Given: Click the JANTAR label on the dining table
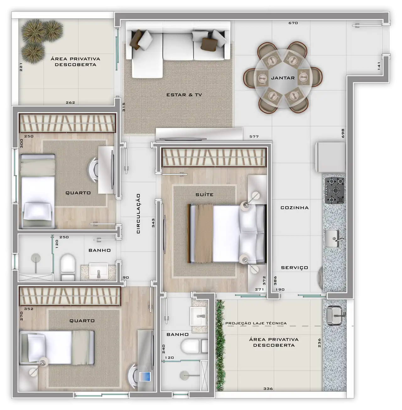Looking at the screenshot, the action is click(283, 78).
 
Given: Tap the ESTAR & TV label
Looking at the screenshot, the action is click(184, 95).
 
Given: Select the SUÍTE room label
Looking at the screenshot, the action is click(204, 194).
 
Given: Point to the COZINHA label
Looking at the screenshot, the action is click(295, 208).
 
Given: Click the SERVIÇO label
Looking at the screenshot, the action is click(295, 268).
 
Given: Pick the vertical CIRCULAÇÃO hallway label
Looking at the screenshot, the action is click(138, 214).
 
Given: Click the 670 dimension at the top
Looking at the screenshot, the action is click(293, 23).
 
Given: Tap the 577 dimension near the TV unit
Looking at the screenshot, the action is click(254, 137).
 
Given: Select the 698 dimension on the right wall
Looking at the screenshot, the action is click(343, 133).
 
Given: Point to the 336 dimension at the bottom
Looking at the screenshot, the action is click(268, 389).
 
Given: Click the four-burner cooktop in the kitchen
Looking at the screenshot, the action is click(334, 191).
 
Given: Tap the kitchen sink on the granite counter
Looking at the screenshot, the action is click(333, 238).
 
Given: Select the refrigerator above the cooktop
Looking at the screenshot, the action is click(330, 157).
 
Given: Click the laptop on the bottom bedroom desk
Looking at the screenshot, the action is click(145, 376).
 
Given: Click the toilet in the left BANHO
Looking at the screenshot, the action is click(68, 267).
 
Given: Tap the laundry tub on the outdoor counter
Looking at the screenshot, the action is click(334, 315).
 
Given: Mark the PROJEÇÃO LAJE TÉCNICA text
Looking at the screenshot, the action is click(256, 323).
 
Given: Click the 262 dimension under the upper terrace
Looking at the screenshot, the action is click(70, 103).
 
